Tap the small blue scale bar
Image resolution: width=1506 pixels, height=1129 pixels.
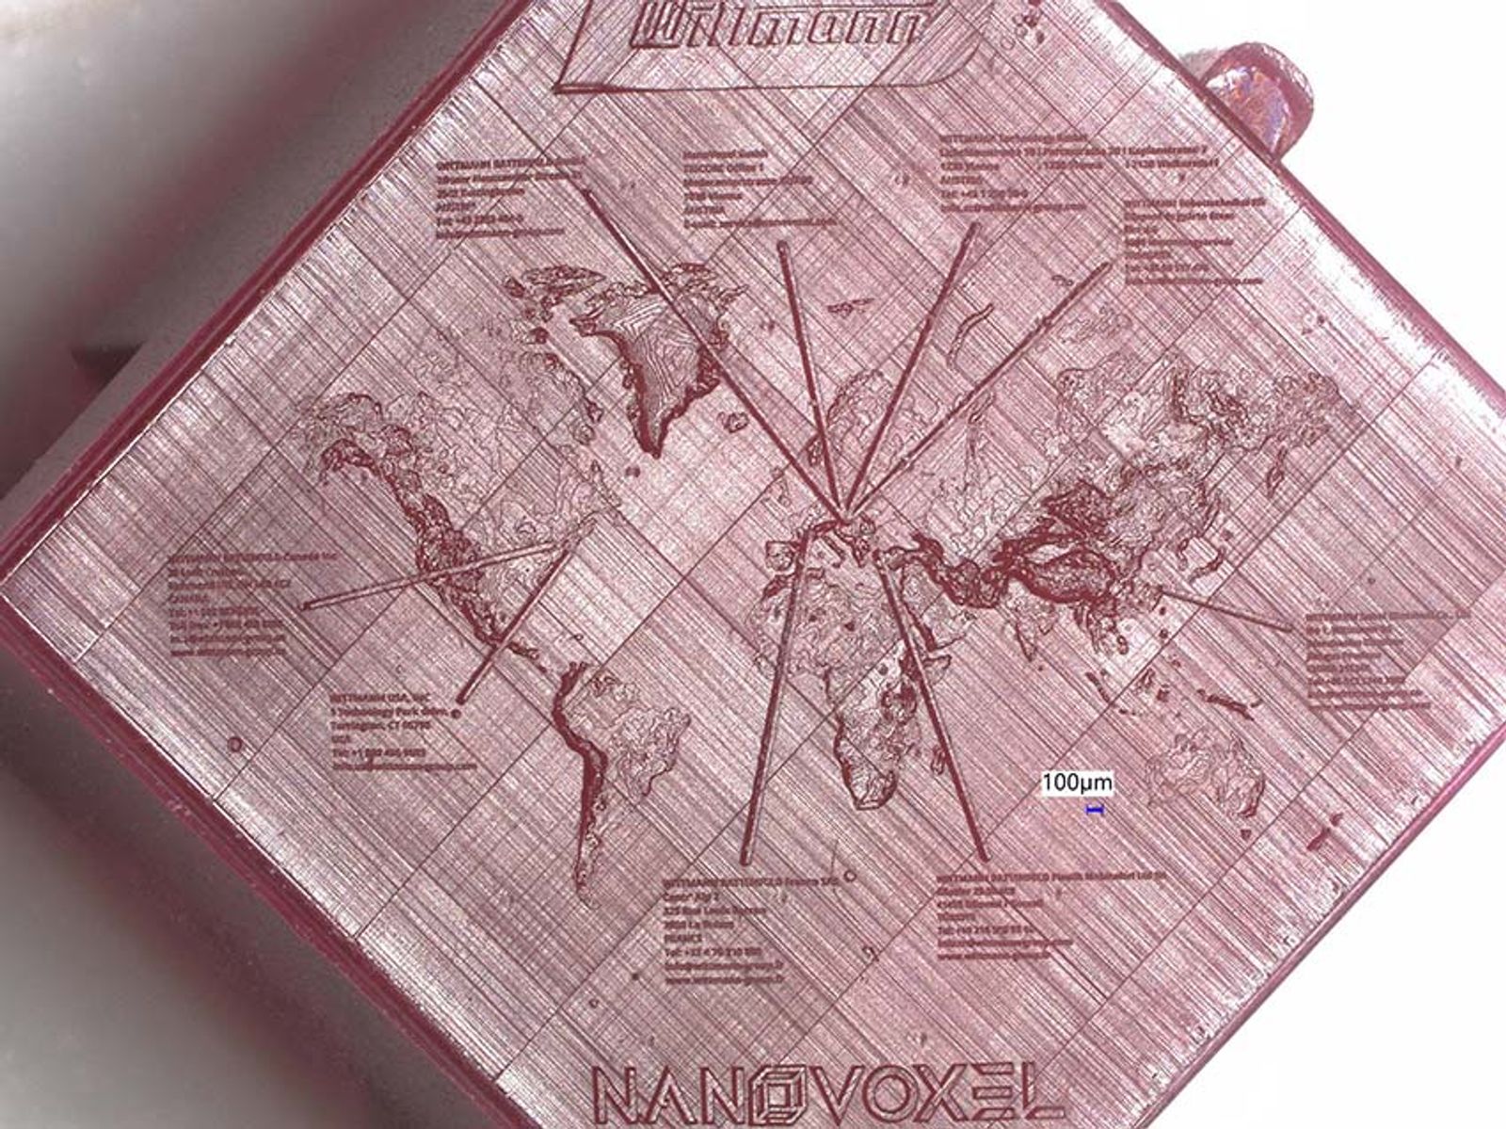1096,808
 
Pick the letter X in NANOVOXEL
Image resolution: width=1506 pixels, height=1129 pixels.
945,1095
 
